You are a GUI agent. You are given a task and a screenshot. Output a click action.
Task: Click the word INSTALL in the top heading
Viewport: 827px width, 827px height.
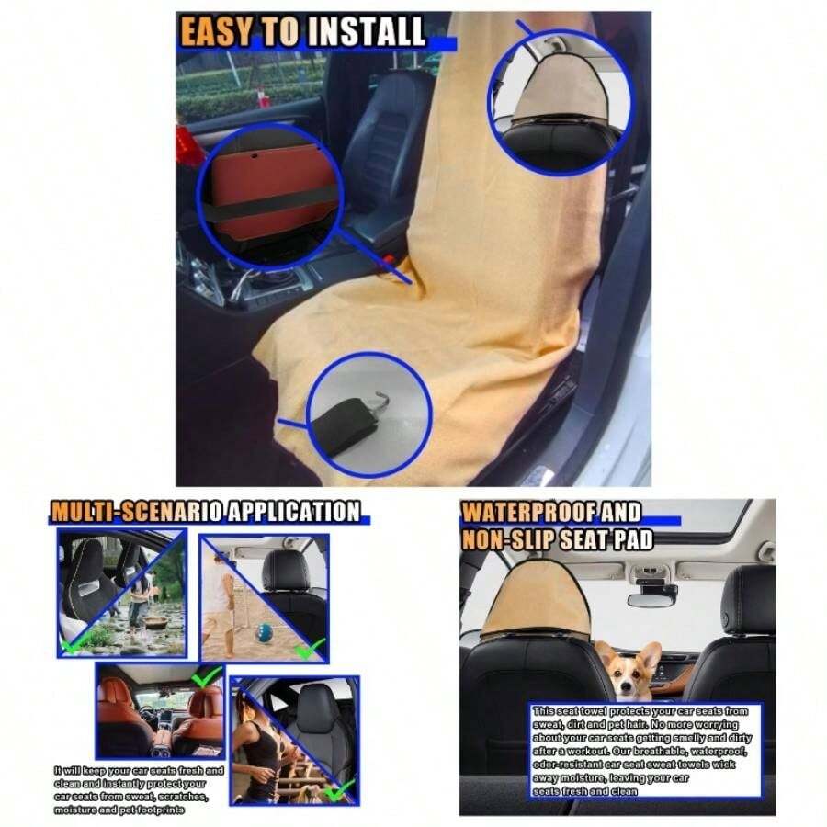367,33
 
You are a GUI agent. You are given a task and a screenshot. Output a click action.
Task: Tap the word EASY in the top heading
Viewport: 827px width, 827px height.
215,33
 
